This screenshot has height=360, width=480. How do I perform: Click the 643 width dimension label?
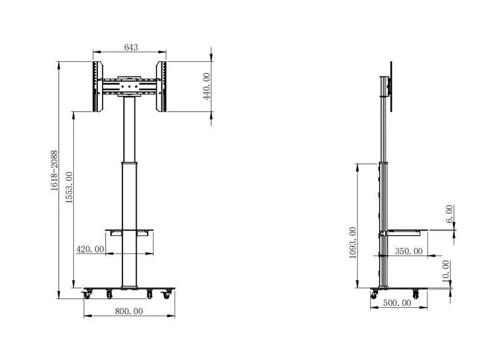[x=131, y=47]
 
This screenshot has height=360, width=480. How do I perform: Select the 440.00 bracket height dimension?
[x=207, y=86]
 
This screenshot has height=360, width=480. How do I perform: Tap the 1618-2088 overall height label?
[x=55, y=170]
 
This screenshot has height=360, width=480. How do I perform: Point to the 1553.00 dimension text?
[x=69, y=187]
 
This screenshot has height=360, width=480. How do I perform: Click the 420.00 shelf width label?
[x=91, y=249]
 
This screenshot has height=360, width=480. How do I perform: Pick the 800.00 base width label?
[x=129, y=311]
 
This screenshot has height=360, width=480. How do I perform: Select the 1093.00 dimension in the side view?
[x=353, y=243]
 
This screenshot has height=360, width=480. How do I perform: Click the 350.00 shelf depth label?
[x=409, y=251]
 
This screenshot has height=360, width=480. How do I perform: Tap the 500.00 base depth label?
[x=397, y=303]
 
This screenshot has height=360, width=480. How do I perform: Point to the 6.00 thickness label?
[x=449, y=214]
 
